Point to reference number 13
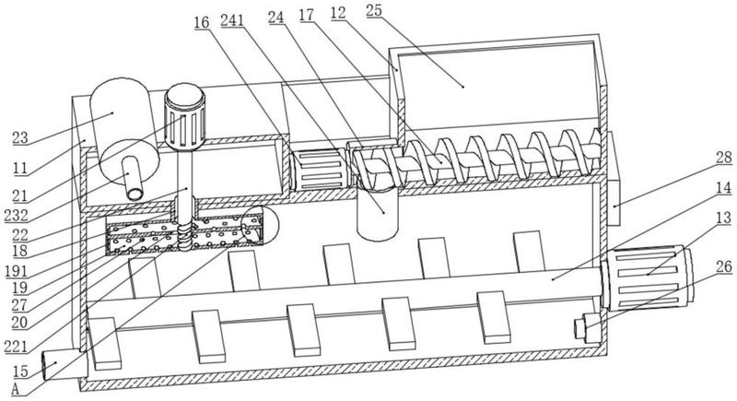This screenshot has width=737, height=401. tap(725, 218)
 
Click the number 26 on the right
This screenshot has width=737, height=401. tap(725, 266)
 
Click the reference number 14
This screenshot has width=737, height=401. tap(724, 188)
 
